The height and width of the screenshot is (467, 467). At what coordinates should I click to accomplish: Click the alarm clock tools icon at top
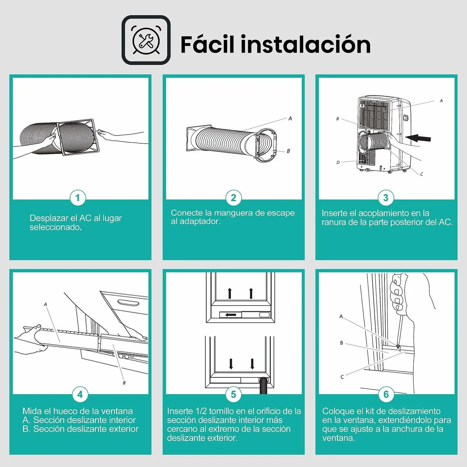[146, 40]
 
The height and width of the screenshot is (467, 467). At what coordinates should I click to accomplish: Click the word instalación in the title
[305, 44]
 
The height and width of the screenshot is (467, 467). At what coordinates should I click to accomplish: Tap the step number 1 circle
[77, 198]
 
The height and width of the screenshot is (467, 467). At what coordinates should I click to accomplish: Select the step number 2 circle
[233, 198]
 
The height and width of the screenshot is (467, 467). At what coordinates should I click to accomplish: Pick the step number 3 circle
[386, 198]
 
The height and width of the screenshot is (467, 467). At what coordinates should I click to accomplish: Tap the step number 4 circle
[80, 394]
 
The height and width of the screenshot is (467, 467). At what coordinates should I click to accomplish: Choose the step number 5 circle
[233, 394]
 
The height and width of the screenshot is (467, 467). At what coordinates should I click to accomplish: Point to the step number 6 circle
[386, 394]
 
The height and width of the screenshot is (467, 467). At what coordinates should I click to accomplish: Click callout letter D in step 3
[338, 163]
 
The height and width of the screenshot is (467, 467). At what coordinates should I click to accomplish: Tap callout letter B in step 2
[288, 151]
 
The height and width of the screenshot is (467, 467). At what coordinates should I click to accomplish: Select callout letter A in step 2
[290, 118]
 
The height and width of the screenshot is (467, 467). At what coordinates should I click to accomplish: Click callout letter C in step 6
[342, 377]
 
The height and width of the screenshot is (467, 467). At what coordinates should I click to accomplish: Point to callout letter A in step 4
[46, 304]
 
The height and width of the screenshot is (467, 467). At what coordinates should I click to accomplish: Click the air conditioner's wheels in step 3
[389, 171]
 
